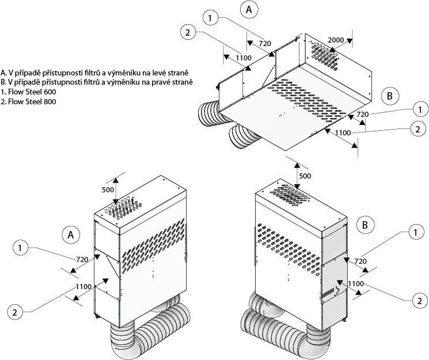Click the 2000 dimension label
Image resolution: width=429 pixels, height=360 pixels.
coord(336,40)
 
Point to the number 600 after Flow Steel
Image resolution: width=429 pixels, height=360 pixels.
coord(50,92)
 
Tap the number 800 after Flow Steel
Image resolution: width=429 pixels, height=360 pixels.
coord(50,101)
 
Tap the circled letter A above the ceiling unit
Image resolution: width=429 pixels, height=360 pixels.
coord(249,10)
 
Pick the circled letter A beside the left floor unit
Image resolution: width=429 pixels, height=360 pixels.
coord(71,235)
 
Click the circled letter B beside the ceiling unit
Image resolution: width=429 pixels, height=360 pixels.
coord(390,96)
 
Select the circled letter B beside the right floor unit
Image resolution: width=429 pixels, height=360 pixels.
coord(365,225)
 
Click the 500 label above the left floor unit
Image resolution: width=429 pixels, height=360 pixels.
coord(108,190)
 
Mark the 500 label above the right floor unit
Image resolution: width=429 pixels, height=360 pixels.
coord(305,176)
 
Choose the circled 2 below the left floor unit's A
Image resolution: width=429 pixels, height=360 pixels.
coord(15,312)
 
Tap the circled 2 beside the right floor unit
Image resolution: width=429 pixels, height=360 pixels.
coord(419,301)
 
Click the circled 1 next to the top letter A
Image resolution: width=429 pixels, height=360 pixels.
coord(210,18)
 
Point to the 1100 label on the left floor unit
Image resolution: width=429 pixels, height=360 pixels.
coord(83,287)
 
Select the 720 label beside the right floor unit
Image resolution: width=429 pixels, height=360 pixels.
coord(360,262)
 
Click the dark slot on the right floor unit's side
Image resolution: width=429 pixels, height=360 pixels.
coord(328,293)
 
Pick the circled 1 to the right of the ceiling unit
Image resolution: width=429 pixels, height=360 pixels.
coord(420,110)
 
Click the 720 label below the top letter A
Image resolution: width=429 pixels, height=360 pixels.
coord(265,43)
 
